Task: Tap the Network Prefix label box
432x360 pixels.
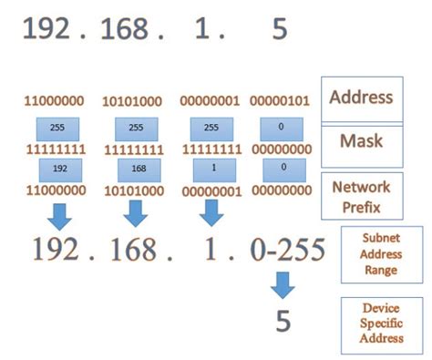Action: [x=362, y=194]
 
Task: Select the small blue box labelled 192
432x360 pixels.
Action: [x=59, y=170]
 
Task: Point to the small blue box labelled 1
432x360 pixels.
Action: [x=211, y=170]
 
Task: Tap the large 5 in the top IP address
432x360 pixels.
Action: [x=279, y=30]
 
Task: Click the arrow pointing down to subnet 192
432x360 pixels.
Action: [x=59, y=214]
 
